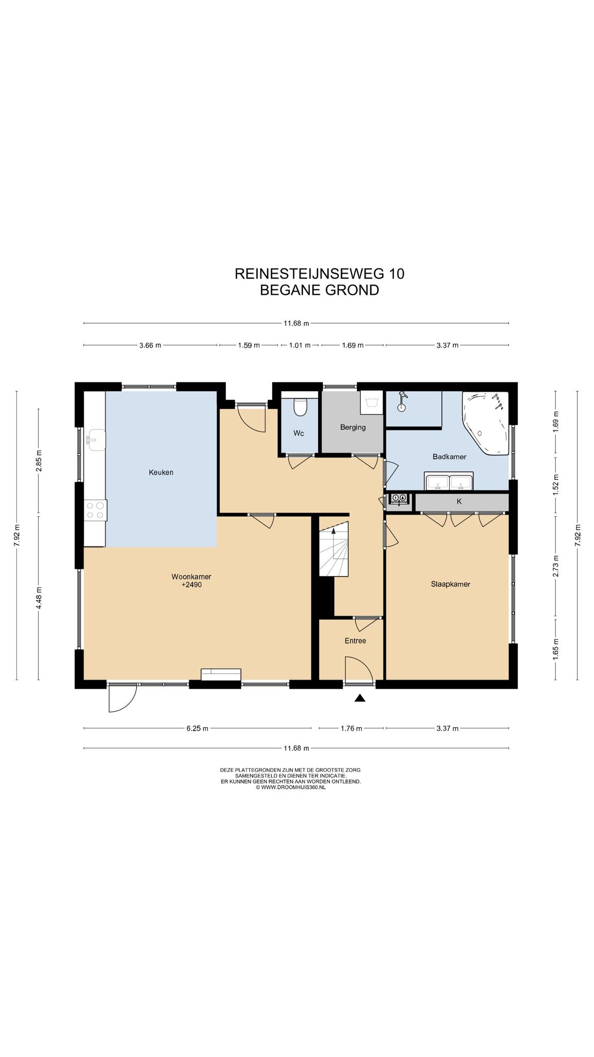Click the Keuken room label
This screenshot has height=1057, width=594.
161,472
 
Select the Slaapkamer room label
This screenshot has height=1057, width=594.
451,584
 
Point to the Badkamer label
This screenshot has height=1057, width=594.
450,457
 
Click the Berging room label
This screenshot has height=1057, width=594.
353,427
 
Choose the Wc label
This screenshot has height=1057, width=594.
299,433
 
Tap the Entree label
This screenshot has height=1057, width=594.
355,640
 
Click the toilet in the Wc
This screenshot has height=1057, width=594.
300,406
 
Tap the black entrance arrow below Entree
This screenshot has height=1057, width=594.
360,698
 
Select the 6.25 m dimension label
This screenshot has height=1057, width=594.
197,728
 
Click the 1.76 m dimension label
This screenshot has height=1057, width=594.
351,728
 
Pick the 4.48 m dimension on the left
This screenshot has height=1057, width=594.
39,598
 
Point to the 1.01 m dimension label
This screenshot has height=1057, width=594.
300,345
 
